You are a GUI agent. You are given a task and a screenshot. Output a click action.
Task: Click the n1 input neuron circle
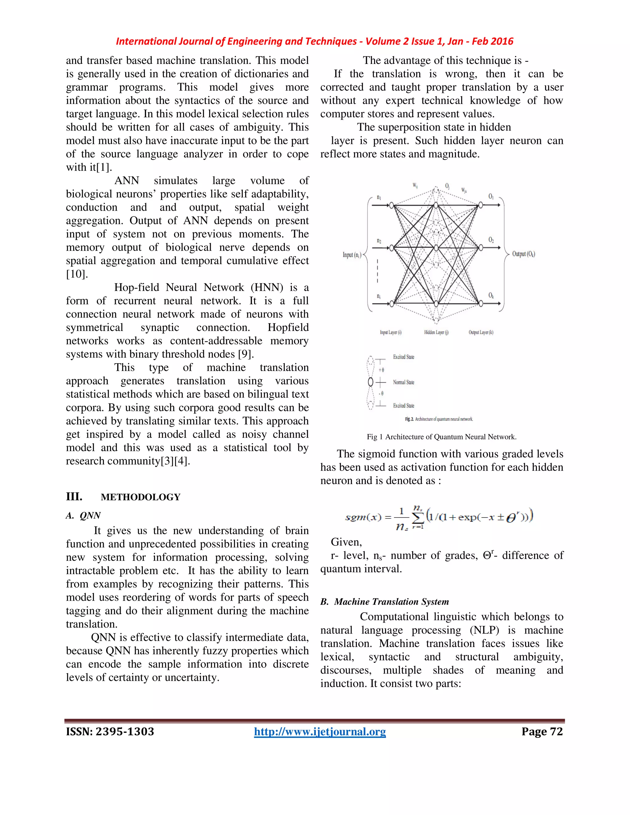392,205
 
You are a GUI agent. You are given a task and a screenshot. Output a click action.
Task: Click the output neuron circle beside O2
481,247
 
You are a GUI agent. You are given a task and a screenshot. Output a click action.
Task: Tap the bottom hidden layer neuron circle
436,303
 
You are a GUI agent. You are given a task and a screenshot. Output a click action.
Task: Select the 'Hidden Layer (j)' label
436,332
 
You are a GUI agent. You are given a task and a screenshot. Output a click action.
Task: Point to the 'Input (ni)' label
352,255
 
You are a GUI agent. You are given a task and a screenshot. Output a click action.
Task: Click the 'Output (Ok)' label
523,254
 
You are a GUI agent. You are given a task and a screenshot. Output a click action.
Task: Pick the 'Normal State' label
404,382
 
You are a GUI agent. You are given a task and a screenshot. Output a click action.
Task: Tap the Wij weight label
415,185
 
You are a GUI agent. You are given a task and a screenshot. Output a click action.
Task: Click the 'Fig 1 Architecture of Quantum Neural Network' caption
441,437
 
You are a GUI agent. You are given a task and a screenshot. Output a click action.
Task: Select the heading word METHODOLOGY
140,497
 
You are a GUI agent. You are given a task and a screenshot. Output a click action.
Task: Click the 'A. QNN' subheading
83,515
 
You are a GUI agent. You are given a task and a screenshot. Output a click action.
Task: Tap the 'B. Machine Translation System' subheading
385,602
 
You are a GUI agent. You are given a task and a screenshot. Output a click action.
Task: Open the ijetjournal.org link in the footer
320,731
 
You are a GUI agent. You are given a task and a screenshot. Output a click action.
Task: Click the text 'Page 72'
542,731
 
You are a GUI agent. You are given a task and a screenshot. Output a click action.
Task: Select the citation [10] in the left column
77,274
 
